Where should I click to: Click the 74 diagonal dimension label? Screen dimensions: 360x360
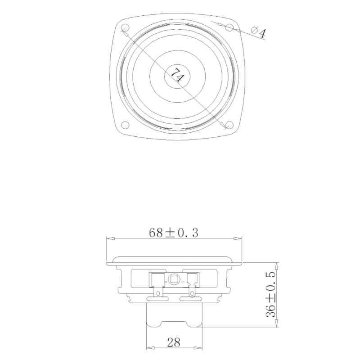(176, 75)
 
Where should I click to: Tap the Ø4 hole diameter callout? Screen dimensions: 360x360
(258, 32)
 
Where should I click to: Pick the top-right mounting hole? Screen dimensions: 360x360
(229, 28)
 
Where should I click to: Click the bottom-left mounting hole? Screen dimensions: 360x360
(126, 125)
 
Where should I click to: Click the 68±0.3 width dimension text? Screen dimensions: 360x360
(173, 233)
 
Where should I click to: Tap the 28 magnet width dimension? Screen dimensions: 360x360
(174, 342)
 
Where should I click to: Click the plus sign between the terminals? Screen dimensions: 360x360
(166, 282)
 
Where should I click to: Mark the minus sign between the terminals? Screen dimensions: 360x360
(182, 282)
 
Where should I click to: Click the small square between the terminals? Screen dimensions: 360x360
(174, 280)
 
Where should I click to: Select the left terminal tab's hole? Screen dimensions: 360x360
(157, 293)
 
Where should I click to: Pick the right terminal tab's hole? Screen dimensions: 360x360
(192, 293)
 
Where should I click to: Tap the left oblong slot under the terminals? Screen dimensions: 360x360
(157, 299)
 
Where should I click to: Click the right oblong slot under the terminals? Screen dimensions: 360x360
(191, 299)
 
